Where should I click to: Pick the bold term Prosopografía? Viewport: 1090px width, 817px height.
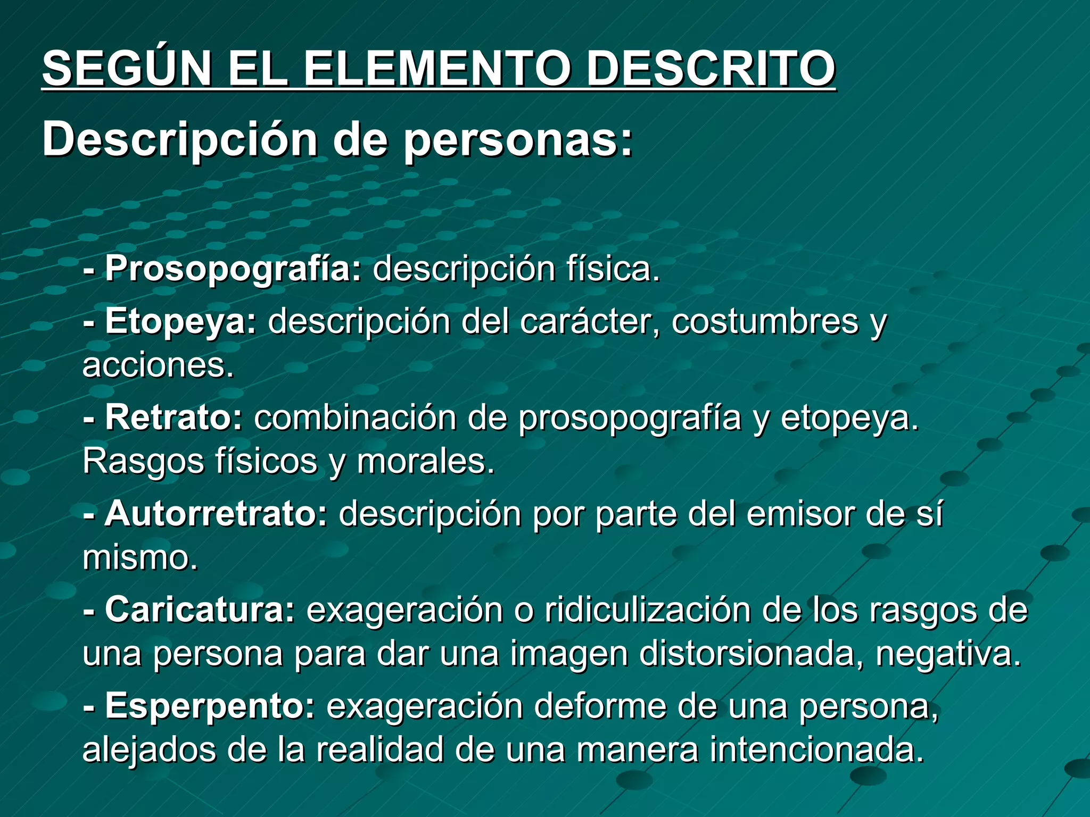tap(233, 269)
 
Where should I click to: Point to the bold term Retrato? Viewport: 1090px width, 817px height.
tap(174, 418)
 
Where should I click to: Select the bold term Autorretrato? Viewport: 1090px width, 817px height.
tap(216, 514)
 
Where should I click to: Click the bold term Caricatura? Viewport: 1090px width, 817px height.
tap(200, 610)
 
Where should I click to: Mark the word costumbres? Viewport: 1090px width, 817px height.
tap(765, 322)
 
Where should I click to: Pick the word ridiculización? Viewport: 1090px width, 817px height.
tap(647, 610)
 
